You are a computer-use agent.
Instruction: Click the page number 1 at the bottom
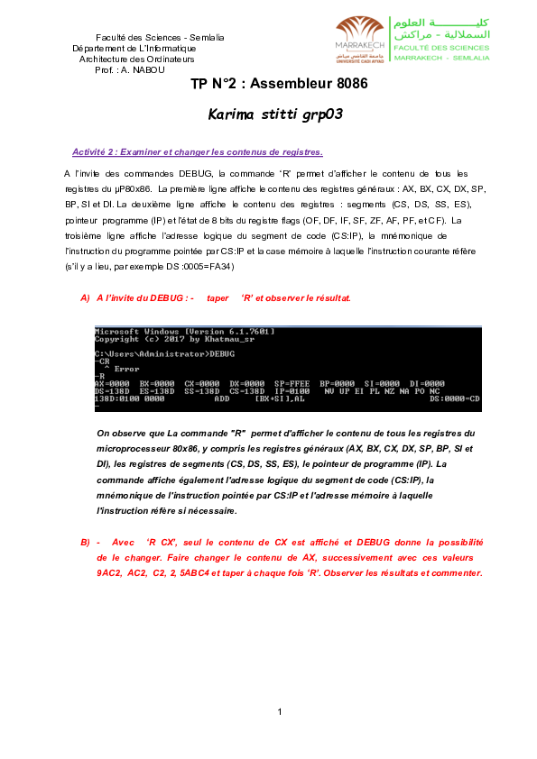point(280,712)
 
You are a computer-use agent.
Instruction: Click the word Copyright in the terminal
point(115,339)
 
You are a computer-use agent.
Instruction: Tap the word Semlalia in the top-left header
point(204,36)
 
